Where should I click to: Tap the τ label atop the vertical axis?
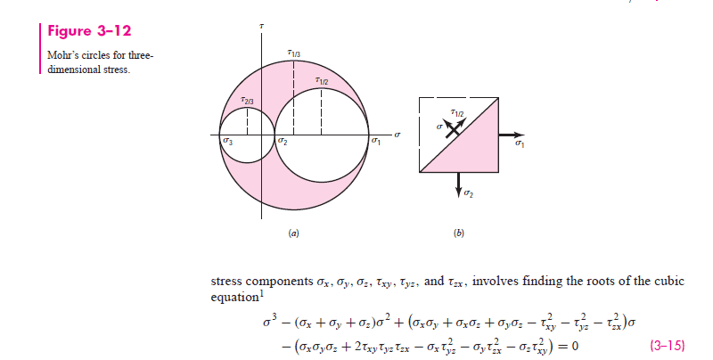point(261,28)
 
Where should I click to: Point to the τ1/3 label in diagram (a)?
point(295,55)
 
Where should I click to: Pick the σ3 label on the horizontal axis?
point(229,142)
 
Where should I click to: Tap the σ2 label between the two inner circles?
point(283,143)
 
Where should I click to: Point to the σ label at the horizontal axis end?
point(397,135)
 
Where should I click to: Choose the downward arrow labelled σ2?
point(460,184)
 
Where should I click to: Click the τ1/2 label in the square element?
point(458,112)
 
